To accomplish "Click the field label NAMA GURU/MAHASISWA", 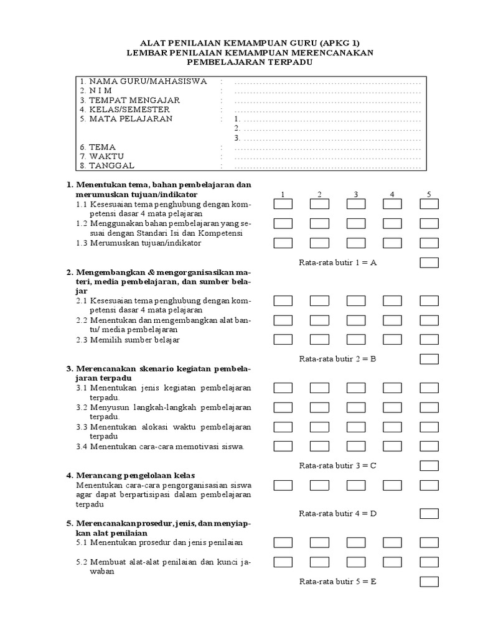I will coord(148,81).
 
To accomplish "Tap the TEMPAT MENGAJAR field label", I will coord(134,100).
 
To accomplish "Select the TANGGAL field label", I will coord(111,165).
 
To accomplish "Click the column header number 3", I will coord(356,195).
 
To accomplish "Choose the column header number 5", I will coord(429,195).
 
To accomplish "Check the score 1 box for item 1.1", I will coord(283,204).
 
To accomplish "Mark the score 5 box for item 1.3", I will coord(429,243).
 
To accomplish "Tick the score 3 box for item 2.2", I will coord(356,320).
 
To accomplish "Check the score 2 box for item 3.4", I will coord(319,446).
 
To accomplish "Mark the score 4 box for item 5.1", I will coord(392,542).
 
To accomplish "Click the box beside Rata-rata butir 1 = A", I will coord(429,263).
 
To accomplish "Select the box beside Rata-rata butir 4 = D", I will coord(429,513).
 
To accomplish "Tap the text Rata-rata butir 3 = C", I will coord(338,465).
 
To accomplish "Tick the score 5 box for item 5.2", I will coord(429,562).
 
